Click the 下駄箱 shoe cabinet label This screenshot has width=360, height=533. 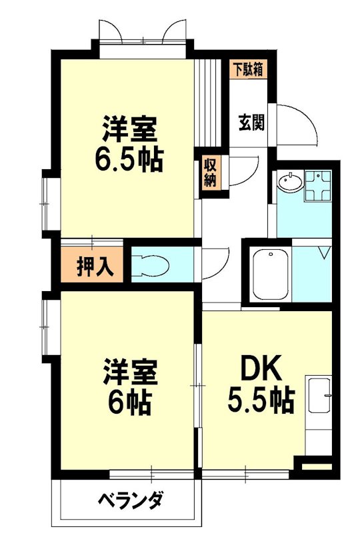point(249,69)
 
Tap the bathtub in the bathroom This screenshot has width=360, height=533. point(269,273)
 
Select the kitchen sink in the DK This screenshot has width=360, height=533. point(319,396)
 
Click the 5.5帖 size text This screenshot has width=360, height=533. point(261,400)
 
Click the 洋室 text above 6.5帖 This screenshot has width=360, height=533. point(131,128)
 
